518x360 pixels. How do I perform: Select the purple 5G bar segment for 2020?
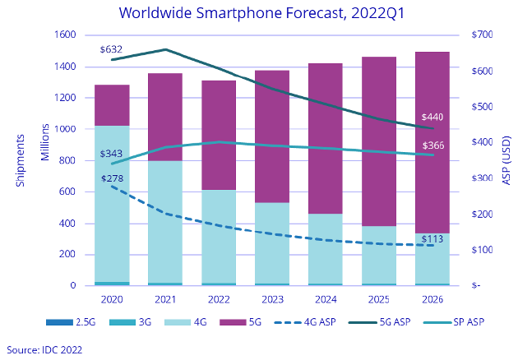click(x=112, y=105)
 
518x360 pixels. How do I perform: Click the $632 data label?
click(x=112, y=49)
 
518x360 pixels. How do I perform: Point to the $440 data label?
click(x=433, y=117)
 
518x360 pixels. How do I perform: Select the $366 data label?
click(x=433, y=145)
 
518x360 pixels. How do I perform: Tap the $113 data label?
click(x=433, y=239)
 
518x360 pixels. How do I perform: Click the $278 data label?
click(x=113, y=178)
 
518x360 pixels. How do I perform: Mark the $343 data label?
click(x=112, y=154)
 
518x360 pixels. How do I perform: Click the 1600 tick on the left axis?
click(x=64, y=35)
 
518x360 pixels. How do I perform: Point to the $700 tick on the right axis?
click(x=482, y=35)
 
